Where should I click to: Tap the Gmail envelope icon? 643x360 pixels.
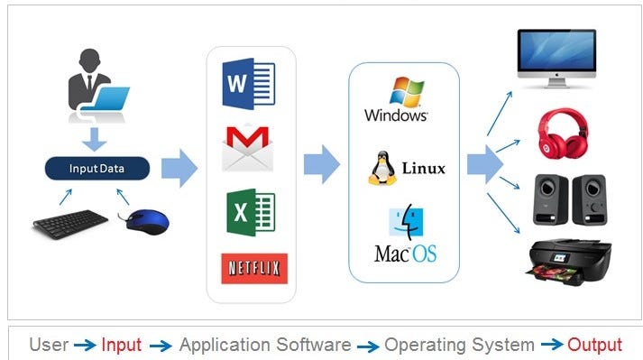tap(246, 147)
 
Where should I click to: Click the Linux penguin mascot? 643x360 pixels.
tap(382, 169)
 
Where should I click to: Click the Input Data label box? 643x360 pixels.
tap(97, 169)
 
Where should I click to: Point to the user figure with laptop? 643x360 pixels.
tap(96, 89)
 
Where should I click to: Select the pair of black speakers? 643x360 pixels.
tap(567, 196)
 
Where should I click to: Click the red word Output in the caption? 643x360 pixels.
tap(594, 345)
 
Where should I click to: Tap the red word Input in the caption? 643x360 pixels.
tap(121, 345)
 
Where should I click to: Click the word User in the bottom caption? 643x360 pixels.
tap(49, 345)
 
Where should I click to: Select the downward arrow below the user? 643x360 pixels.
tap(95, 140)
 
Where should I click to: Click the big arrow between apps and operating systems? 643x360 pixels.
tap(321, 165)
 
